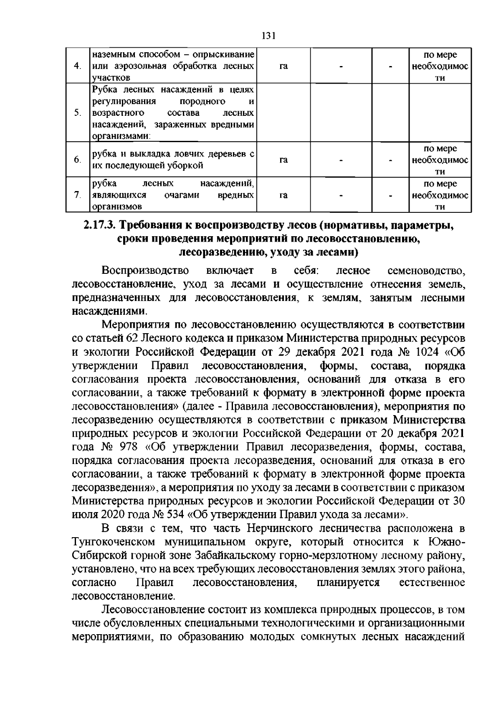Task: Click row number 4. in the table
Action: coord(77,66)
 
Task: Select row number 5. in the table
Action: coord(77,113)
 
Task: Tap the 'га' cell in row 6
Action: coord(283,160)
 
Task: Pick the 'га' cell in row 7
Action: coord(283,195)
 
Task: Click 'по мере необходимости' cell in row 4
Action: coord(440,66)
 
